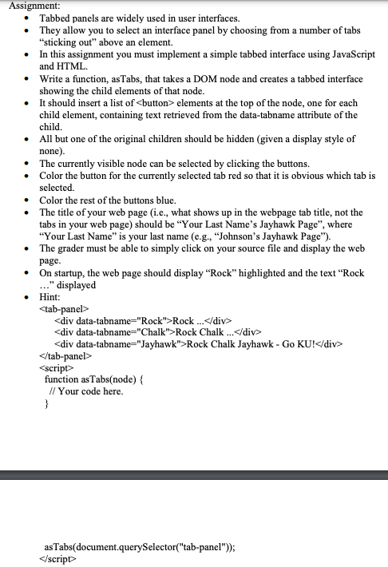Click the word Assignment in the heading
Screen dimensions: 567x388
[26, 5]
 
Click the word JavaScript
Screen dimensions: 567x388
[346, 54]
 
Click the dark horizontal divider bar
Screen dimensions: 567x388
[194, 475]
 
